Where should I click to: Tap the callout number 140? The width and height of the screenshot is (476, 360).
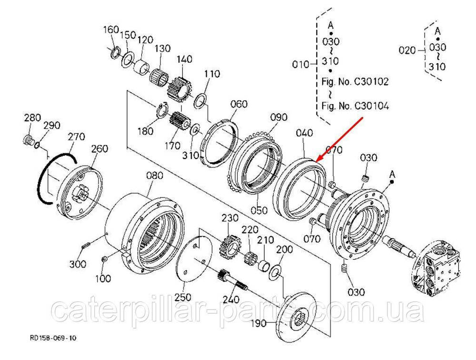pyautogui.click(x=184, y=59)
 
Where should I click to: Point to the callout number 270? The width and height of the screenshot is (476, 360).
pyautogui.click(x=76, y=136)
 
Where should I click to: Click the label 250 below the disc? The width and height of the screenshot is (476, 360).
pyautogui.click(x=182, y=297)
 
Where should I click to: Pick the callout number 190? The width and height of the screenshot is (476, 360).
pyautogui.click(x=260, y=324)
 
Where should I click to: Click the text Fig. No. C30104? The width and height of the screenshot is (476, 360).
pyautogui.click(x=355, y=106)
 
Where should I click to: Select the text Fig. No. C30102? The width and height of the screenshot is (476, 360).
pyautogui.click(x=355, y=81)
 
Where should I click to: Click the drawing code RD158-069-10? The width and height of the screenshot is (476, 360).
pyautogui.click(x=53, y=338)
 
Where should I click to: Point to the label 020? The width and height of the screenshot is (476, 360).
pyautogui.click(x=407, y=49)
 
